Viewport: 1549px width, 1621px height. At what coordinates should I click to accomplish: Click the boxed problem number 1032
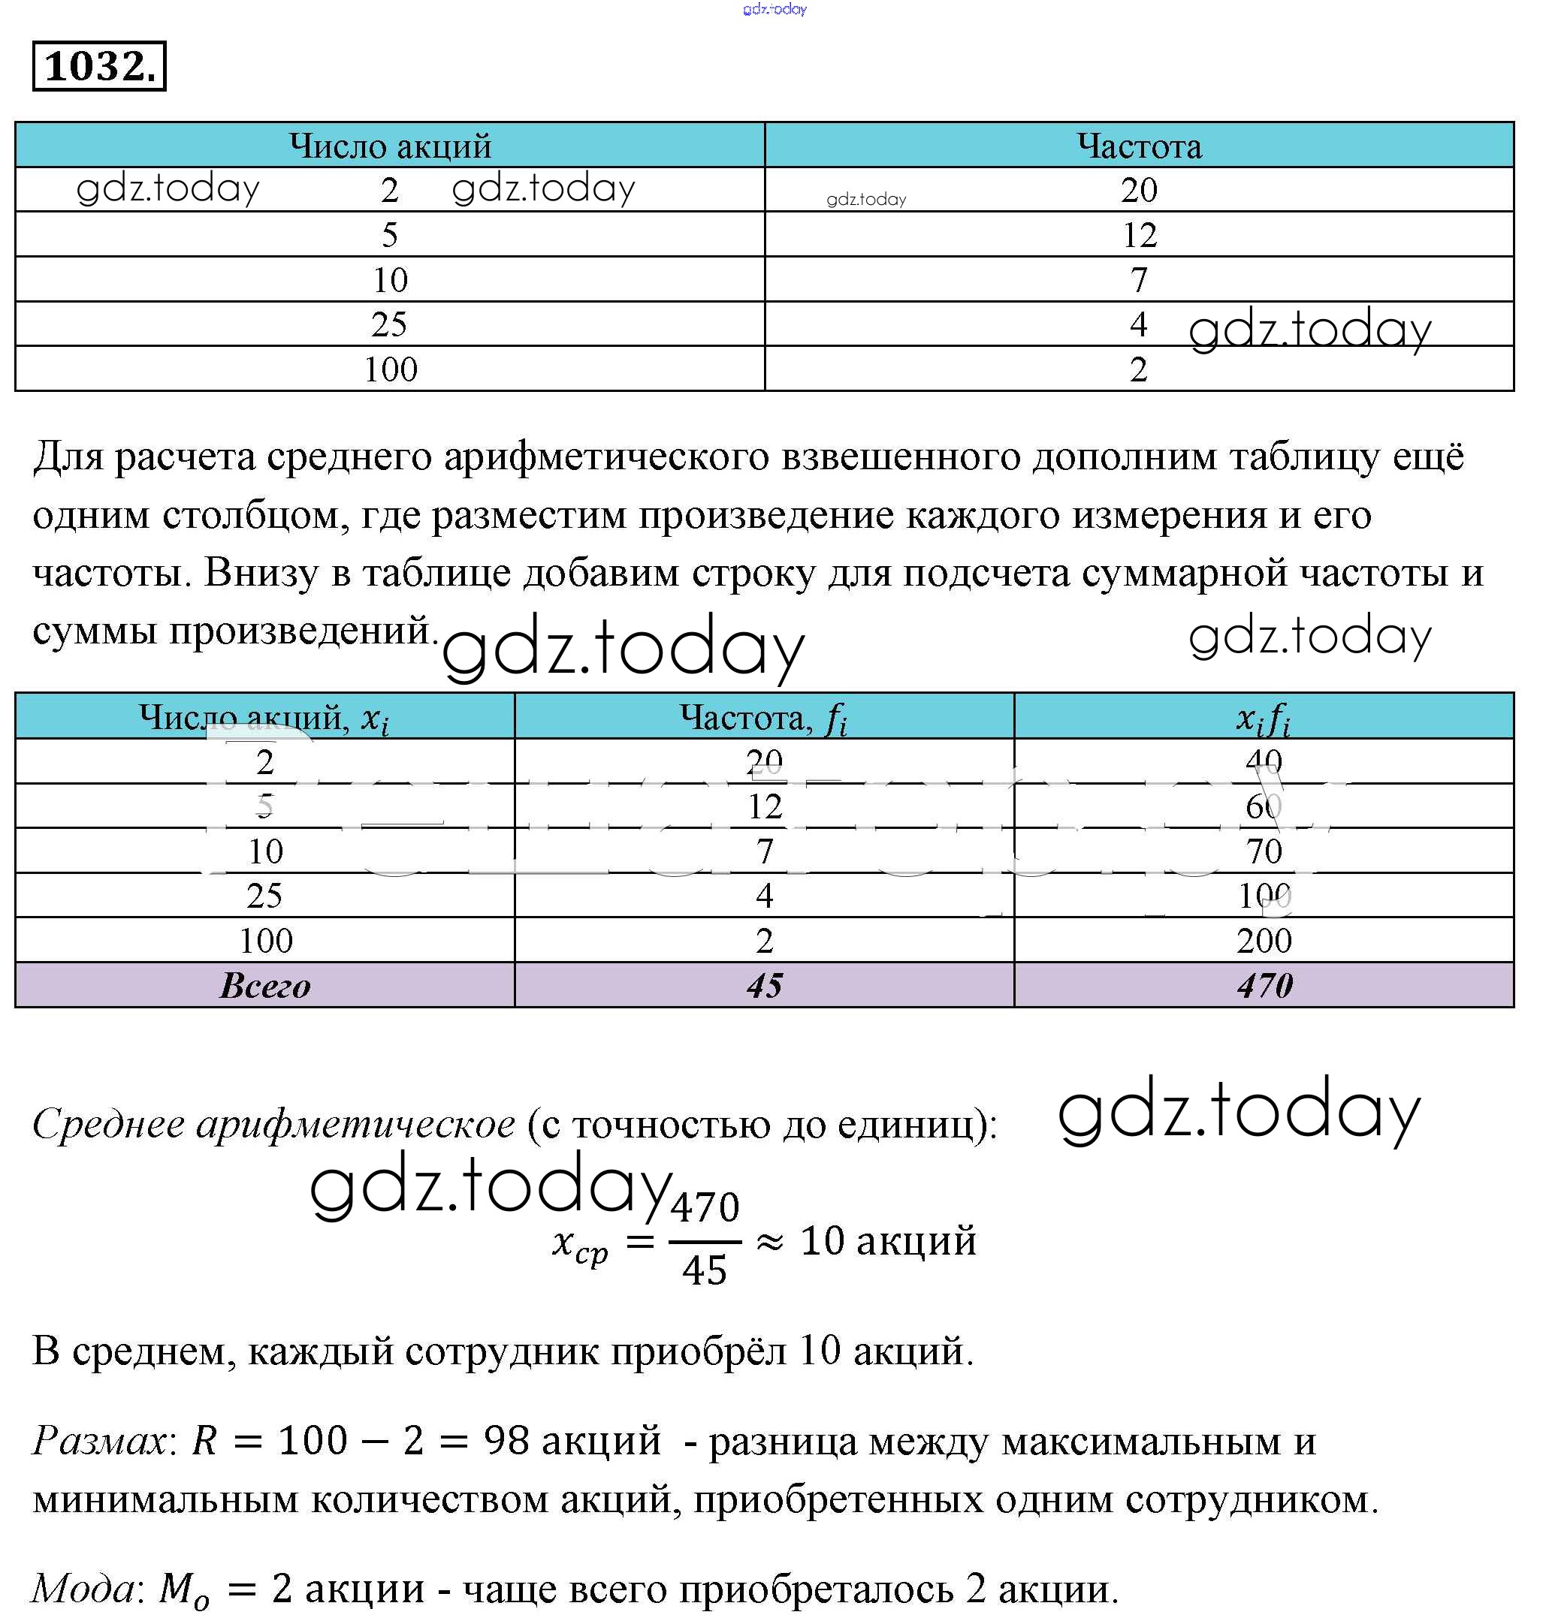point(99,66)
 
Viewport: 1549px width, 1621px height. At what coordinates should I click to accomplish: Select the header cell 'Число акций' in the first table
point(390,146)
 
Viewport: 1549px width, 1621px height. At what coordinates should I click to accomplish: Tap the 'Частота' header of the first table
point(1139,146)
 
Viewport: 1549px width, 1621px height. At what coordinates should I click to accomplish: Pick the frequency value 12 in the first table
point(1139,235)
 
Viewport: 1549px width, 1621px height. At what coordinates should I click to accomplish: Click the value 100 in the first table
point(390,369)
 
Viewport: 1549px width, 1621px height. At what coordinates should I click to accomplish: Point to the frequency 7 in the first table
point(1139,280)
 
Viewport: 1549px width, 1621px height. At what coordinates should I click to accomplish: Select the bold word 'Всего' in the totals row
point(264,986)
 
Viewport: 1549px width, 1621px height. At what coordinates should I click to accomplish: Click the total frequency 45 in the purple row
point(764,986)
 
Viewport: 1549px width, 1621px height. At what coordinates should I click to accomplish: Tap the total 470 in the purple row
point(1264,986)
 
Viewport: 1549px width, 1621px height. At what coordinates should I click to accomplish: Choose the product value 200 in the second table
point(1264,941)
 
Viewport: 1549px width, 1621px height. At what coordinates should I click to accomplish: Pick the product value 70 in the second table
point(1264,851)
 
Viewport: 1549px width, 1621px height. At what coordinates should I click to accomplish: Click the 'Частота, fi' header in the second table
point(764,717)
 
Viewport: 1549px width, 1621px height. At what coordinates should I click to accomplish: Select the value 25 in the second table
point(264,896)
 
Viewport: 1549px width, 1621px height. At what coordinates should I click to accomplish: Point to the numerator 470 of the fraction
point(705,1207)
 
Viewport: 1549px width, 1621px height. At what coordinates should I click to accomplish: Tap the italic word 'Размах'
point(99,1441)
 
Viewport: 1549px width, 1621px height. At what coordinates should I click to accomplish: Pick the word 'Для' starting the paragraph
point(68,456)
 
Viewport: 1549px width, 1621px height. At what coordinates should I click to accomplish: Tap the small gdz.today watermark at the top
point(774,9)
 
